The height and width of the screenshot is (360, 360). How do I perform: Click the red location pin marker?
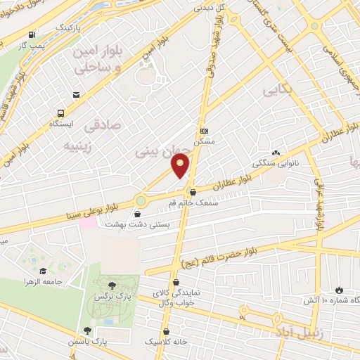pos(181,165)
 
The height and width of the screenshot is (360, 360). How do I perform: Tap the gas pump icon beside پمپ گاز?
pos(32,34)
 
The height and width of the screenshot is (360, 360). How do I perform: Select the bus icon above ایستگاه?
pos(60,112)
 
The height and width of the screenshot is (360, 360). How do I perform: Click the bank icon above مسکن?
pos(204,131)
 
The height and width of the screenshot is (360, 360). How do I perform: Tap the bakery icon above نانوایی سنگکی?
pos(276,152)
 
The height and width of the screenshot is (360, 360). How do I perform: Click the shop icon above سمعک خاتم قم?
pos(193,193)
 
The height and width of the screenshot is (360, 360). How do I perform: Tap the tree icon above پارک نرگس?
pos(112,285)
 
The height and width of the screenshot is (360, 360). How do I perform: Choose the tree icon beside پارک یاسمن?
pos(87,330)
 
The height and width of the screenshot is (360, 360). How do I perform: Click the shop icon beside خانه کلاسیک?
pos(166,330)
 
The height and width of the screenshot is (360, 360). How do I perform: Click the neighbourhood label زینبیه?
pos(82,146)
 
